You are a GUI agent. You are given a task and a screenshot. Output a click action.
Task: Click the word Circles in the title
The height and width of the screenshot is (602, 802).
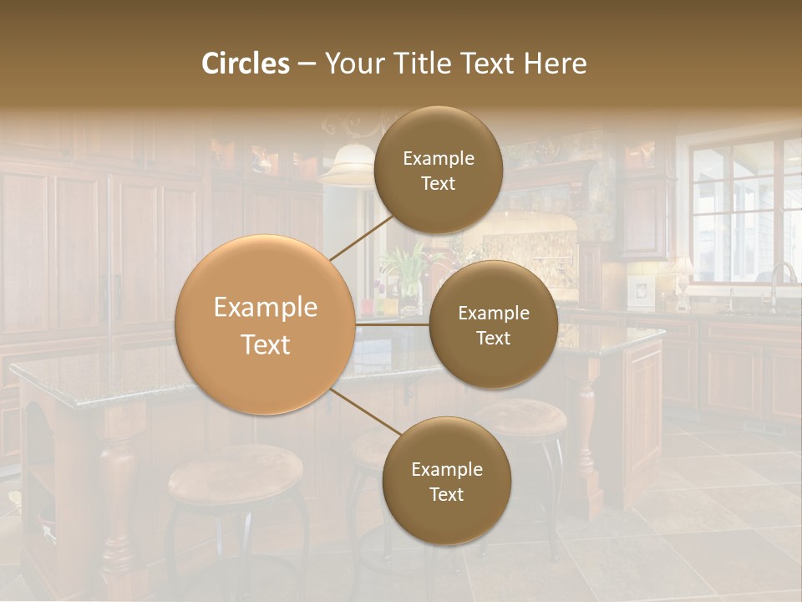tap(246, 64)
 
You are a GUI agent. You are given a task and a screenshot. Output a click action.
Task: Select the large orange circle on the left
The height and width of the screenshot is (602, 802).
tap(265, 324)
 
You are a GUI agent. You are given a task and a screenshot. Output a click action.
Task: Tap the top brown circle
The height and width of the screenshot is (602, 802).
tap(438, 170)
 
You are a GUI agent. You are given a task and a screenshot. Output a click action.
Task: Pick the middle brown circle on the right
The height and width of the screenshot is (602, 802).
tap(493, 324)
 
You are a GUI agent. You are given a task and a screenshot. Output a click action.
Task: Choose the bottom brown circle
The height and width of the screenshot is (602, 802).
tap(446, 481)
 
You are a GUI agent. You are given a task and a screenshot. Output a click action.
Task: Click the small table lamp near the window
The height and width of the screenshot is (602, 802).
tap(682, 272)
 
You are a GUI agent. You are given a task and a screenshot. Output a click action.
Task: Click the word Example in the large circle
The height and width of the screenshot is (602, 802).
tap(265, 308)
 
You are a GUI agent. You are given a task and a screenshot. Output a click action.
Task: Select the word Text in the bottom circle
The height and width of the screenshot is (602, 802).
tap(446, 494)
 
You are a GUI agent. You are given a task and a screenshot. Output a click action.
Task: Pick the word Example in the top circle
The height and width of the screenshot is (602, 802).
tap(438, 158)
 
